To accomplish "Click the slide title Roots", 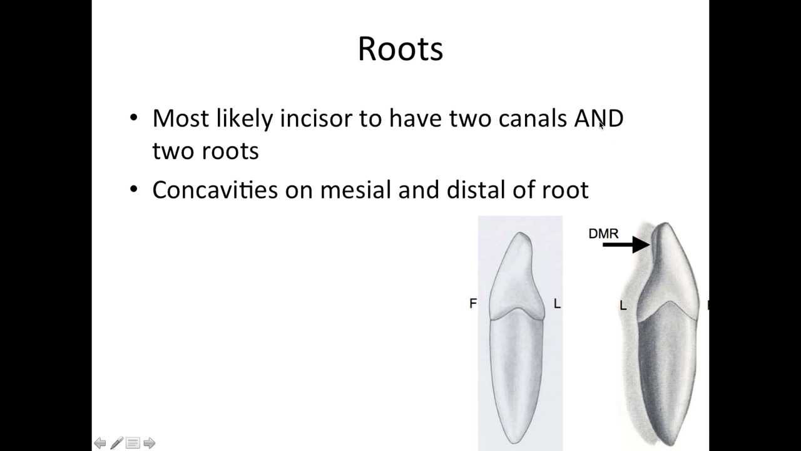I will click(x=400, y=49).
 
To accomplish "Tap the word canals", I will click(x=533, y=118).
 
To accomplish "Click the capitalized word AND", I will click(x=598, y=118).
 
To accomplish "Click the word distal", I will click(x=476, y=190).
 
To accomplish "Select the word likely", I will click(x=244, y=119).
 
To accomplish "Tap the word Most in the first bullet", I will click(x=180, y=118).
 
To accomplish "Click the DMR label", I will click(x=603, y=234).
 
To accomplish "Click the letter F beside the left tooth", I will click(x=472, y=303).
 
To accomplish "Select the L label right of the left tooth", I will click(x=557, y=304).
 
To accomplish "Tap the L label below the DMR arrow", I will click(x=623, y=305).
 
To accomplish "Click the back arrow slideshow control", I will click(x=100, y=443).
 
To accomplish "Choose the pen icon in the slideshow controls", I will click(x=116, y=443).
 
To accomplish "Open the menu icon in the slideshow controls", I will click(x=133, y=443).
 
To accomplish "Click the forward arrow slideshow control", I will click(x=149, y=443).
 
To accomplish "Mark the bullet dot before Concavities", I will click(x=133, y=189).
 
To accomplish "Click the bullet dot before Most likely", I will click(x=133, y=117).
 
